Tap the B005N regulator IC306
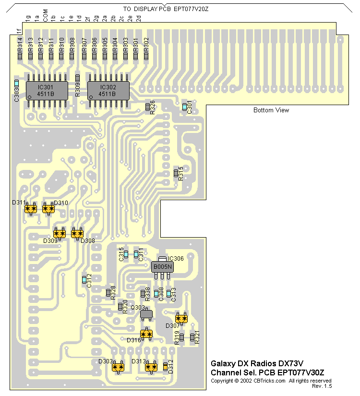pyautogui.click(x=162, y=266)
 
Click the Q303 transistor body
pyautogui.click(x=146, y=314)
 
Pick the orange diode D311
pyautogui.click(x=31, y=209)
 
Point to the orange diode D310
pyautogui.click(x=48, y=209)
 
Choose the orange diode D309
pyautogui.click(x=60, y=233)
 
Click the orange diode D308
pyautogui.click(x=77, y=233)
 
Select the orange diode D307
pyautogui.click(x=181, y=318)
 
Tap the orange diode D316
pyautogui.click(x=146, y=334)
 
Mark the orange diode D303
pyautogui.click(x=118, y=367)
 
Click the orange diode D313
pyautogui.click(x=152, y=367)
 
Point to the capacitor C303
pyautogui.click(x=17, y=84)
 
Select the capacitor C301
pyautogui.click(x=185, y=107)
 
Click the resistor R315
pyautogui.click(x=176, y=172)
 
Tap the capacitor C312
pyautogui.click(x=84, y=279)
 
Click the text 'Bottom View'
pyautogui.click(x=271, y=110)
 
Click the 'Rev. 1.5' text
pyautogui.click(x=322, y=386)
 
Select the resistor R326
pyautogui.click(x=148, y=107)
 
